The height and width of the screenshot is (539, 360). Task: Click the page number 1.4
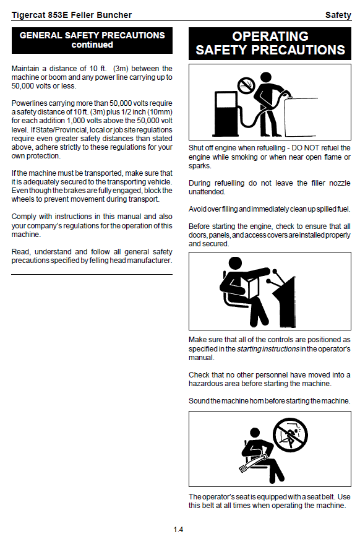178,530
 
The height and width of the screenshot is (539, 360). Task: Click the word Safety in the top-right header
338,15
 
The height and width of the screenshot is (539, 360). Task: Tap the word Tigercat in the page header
27,15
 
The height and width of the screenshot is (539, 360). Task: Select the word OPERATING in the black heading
270,37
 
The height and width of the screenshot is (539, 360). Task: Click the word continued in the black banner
92,45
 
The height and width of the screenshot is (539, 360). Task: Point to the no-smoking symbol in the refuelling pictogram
246,85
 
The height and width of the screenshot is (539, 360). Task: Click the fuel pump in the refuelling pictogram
226,113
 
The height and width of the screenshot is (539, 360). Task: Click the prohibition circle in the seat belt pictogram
290,435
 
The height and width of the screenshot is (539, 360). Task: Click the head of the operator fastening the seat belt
255,433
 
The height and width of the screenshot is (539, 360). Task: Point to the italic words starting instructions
268,349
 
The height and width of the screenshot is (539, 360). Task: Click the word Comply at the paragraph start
24,217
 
